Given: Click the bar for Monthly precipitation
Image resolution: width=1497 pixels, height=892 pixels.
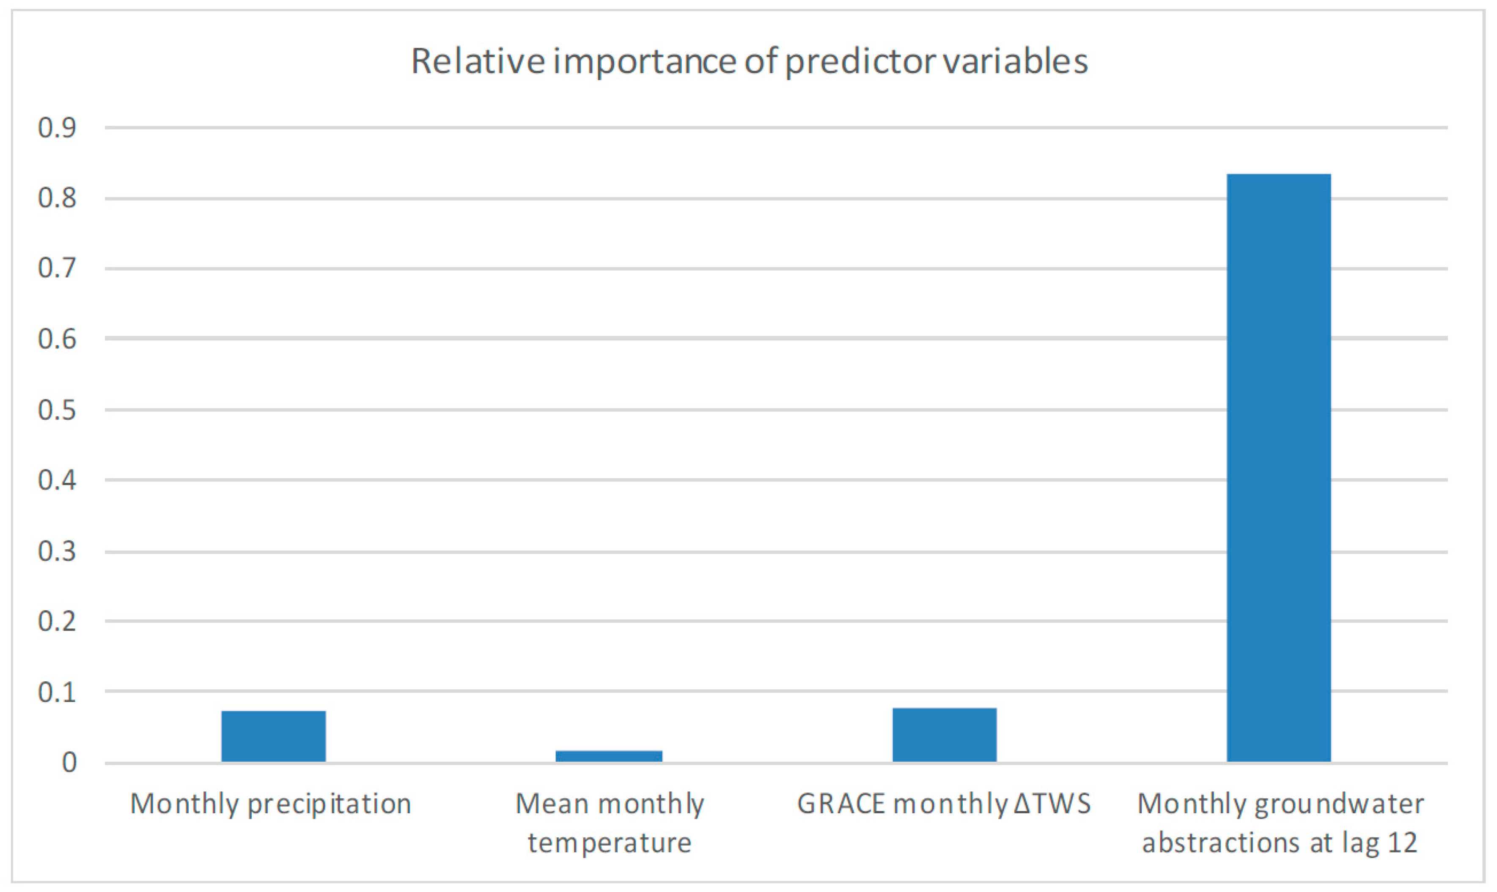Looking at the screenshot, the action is [x=273, y=736].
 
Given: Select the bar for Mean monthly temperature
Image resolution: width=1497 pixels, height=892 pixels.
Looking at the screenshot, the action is [x=609, y=756].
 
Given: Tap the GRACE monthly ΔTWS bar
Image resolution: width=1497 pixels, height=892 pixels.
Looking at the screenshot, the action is [x=944, y=735].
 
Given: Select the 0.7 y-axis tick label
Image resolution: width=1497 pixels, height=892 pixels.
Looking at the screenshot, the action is [x=57, y=269].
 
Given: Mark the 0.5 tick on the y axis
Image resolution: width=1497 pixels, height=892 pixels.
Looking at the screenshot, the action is [x=57, y=410].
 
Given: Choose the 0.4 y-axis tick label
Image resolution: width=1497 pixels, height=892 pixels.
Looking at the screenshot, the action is [x=57, y=481].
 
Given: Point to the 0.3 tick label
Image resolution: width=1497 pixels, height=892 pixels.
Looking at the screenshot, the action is [x=57, y=552].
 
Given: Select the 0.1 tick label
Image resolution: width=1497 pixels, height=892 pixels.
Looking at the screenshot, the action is [x=57, y=692].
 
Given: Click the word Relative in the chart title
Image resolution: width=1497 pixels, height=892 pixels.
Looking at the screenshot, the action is [x=478, y=61].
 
